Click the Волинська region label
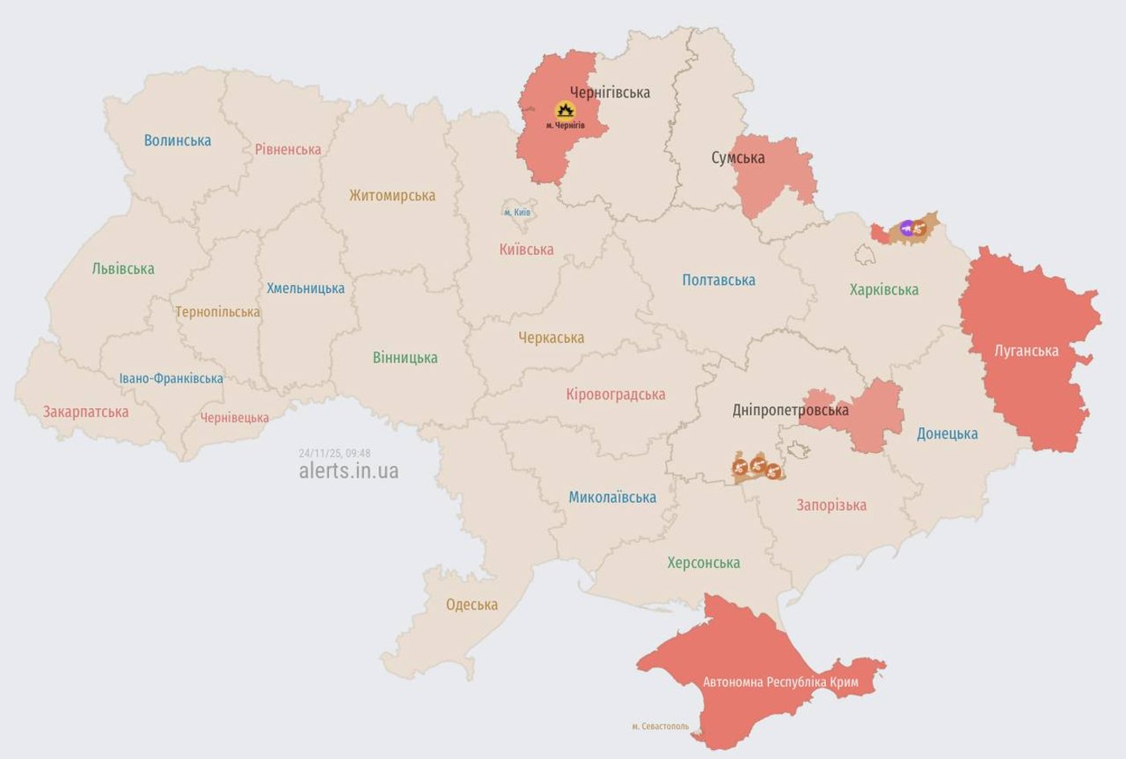click(177, 141)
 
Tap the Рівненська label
click(287, 150)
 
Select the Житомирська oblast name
click(392, 196)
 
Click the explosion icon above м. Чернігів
click(565, 111)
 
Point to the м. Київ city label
click(517, 212)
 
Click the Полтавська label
click(718, 280)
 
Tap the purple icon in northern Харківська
click(908, 229)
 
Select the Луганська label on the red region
click(1026, 351)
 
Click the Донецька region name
click(947, 434)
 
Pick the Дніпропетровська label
click(790, 410)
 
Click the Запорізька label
click(831, 505)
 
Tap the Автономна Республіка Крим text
click(780, 683)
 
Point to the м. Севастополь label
click(660, 726)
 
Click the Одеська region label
click(471, 604)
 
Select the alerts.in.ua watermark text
click(348, 471)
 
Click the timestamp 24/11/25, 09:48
click(335, 453)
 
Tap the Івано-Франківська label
click(171, 378)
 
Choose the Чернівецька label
click(234, 418)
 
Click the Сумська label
click(738, 158)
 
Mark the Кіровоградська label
click(615, 394)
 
